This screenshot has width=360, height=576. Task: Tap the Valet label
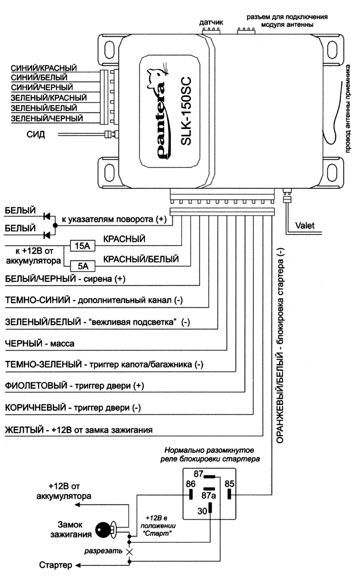[306, 223]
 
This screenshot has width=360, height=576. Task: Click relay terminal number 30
[202, 511]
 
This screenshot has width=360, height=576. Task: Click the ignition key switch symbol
[103, 529]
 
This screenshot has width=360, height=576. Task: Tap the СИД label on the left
[36, 135]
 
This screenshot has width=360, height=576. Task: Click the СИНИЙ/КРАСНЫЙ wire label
[44, 69]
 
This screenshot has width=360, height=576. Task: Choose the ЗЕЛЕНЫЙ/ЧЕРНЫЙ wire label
[47, 118]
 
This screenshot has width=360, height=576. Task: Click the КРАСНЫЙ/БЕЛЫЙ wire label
[141, 259]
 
